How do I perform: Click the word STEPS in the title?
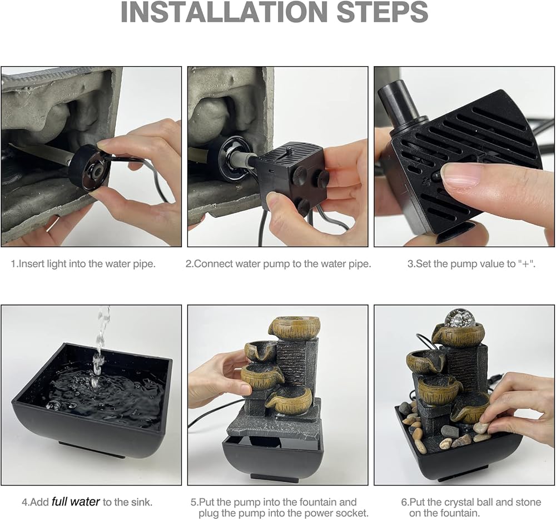click(x=383, y=12)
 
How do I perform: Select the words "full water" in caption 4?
click(x=76, y=502)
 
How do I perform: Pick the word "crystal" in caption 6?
click(x=461, y=502)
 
